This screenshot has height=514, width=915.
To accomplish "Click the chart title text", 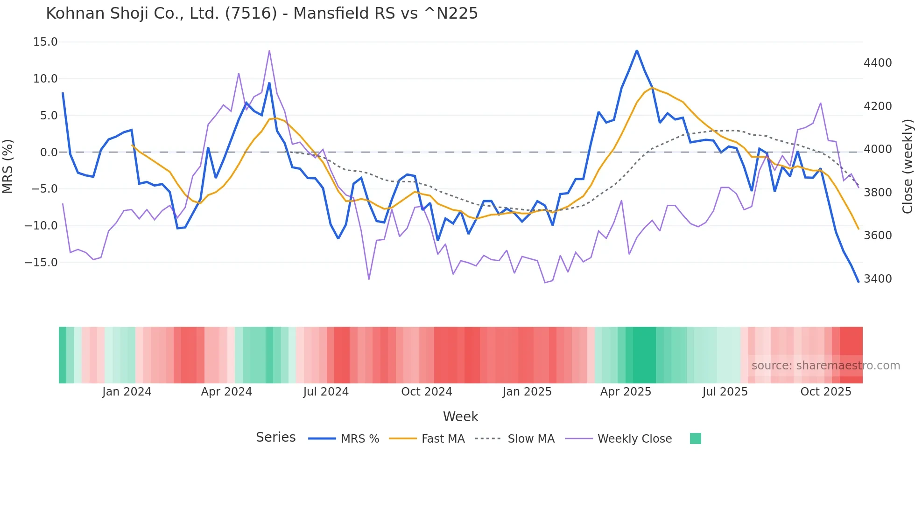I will (x=262, y=14).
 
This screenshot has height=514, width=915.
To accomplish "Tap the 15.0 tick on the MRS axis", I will (x=45, y=42).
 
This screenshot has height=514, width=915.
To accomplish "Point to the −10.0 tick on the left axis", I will (x=41, y=226).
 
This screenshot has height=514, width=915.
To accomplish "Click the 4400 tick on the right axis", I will (x=878, y=63).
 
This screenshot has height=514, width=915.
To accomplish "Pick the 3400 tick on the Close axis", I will (x=878, y=279).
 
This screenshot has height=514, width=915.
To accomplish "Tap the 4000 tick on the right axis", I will (x=878, y=149).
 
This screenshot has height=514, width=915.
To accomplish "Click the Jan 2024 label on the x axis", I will (x=127, y=392).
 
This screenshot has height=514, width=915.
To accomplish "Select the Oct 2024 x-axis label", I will (x=427, y=392).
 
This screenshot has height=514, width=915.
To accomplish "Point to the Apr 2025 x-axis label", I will (x=626, y=392).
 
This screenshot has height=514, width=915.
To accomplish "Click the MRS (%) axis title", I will (x=8, y=166).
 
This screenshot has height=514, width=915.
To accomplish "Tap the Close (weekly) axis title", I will (x=907, y=167).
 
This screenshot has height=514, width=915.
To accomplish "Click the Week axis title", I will (x=460, y=417).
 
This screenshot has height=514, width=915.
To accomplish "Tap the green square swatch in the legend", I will (x=695, y=438).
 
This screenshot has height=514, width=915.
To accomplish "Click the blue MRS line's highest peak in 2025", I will (x=637, y=51).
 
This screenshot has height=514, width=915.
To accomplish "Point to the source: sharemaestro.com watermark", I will (x=825, y=366).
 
